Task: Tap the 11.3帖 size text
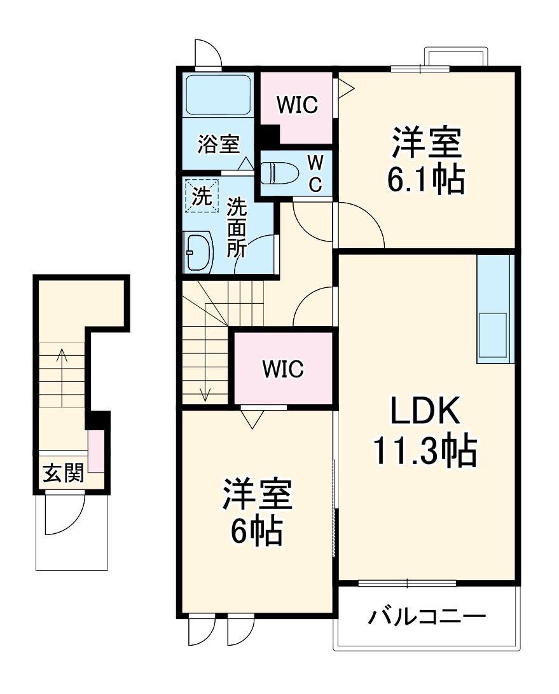pos(425,452)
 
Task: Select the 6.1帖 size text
pos(425,181)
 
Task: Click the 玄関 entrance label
pos(62,473)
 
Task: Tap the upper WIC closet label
pos(296,105)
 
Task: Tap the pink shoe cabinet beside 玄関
pos(96,451)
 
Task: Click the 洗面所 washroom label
pos(237,227)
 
